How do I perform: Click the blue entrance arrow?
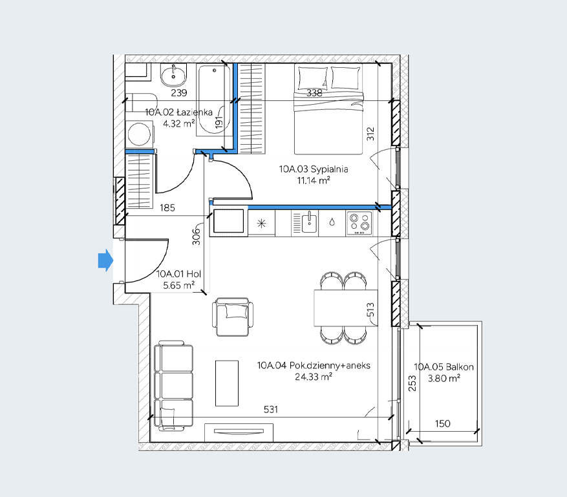coord(105,260)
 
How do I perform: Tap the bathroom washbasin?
coord(174,75)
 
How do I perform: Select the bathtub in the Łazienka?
coord(213,100)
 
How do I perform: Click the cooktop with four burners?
coord(359,223)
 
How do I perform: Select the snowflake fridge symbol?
coord(261,224)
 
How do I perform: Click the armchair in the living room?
coord(233,317)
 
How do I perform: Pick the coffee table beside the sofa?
coord(227,383)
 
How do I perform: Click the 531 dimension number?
coord(271,410)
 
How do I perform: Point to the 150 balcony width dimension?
coord(443,423)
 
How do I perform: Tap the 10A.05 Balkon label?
coord(444,367)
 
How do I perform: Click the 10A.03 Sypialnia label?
coord(314,169)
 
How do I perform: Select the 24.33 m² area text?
coord(314,377)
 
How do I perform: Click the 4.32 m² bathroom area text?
coord(178,123)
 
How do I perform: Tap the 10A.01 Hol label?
coord(178,274)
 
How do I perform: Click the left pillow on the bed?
coord(312,78)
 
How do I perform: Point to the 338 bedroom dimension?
coord(314,93)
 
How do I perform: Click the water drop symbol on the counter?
coord(332,222)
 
